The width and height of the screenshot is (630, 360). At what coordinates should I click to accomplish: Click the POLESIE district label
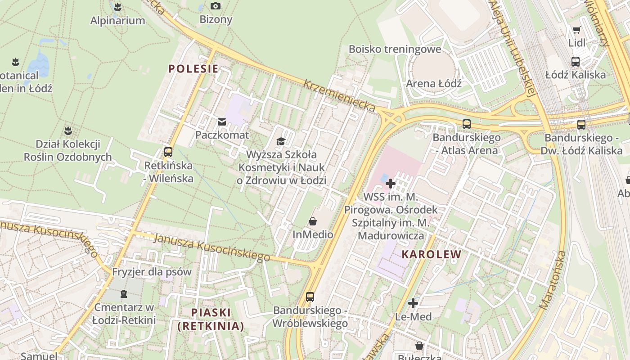pos(193,69)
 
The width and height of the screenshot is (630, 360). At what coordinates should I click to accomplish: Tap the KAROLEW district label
pos(431,254)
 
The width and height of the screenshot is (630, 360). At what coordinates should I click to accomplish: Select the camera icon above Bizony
pos(216,6)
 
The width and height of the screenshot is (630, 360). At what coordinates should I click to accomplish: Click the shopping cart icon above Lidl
pos(576,30)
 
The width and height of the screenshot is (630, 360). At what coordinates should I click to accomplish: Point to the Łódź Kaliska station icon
pos(575,62)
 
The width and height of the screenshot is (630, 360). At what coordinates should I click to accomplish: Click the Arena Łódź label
pos(434,84)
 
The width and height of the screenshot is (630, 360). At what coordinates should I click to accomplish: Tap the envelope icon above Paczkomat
pos(222,121)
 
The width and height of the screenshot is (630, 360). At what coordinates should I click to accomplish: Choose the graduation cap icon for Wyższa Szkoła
pos(281,141)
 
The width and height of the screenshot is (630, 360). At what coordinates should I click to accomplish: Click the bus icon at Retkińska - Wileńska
pos(168,152)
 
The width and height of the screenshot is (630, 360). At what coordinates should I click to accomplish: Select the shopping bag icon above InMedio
pos(313,221)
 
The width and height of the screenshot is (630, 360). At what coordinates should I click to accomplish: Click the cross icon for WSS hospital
pos(391,184)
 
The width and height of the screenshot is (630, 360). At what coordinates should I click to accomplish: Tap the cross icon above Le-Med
pos(413,303)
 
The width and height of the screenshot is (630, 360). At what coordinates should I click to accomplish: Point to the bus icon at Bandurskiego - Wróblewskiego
pos(310,297)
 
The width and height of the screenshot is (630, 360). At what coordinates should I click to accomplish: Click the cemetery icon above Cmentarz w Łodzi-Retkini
pos(124,294)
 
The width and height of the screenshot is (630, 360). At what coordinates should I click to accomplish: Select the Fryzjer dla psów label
pos(152,272)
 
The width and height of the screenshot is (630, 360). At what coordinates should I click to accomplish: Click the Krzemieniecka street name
pos(339,96)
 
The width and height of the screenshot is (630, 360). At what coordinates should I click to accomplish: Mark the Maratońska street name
pos(553,280)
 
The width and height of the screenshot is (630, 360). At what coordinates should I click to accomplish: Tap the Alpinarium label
pos(117,21)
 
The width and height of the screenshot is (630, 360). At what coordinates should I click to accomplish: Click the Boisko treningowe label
pos(395,49)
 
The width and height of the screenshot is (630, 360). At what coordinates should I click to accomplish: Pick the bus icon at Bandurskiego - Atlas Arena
pos(467,124)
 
